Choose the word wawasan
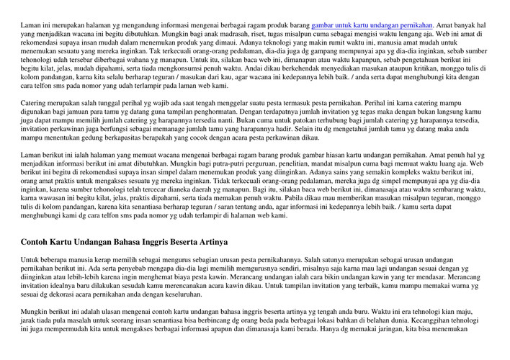(x=71, y=197)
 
